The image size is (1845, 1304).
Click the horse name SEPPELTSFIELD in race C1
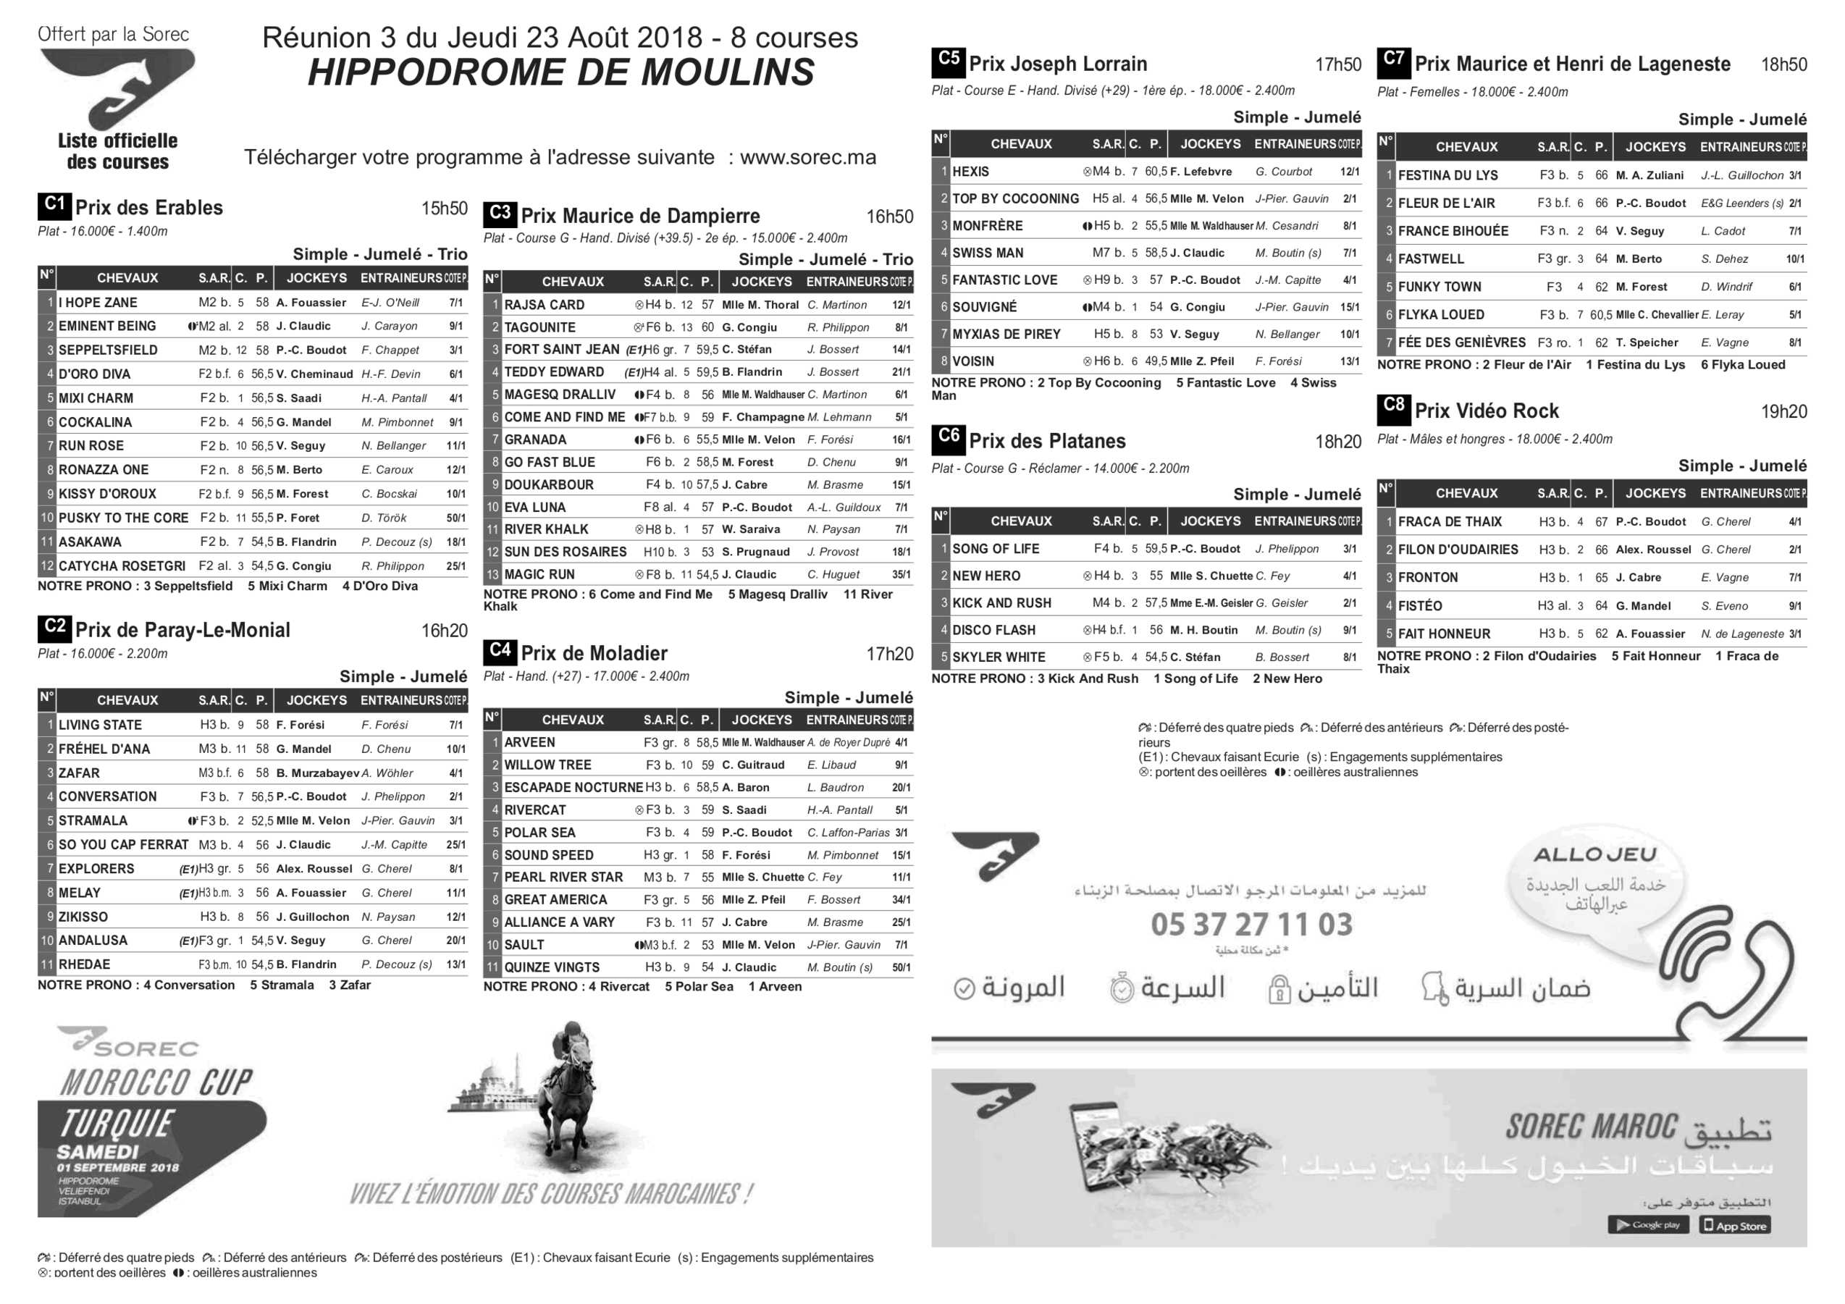coord(108,350)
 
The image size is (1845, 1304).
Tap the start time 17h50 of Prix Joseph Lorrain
coord(1338,65)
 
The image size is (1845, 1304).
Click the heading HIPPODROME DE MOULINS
coord(561,72)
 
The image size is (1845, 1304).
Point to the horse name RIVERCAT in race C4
coord(535,810)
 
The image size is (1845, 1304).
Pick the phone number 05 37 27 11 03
coord(1251,924)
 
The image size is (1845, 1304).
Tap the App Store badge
coord(1736,1225)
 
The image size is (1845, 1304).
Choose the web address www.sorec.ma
coord(807,157)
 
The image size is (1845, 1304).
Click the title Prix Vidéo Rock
coord(1486,411)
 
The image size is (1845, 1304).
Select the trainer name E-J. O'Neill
coord(390,303)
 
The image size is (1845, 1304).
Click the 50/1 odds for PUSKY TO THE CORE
coord(455,518)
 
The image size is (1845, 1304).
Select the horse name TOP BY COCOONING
coord(1016,199)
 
